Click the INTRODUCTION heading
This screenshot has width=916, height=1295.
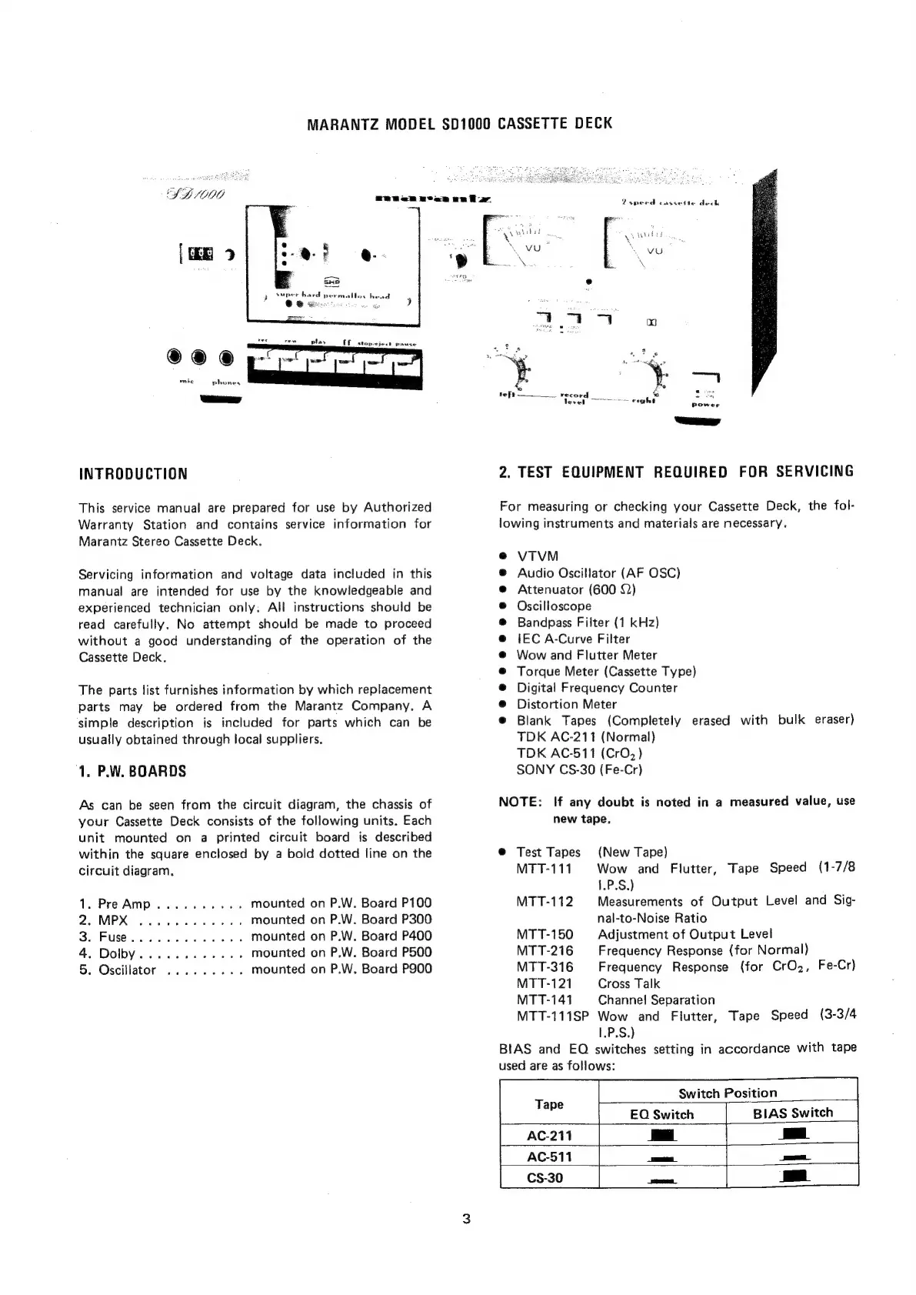(x=133, y=474)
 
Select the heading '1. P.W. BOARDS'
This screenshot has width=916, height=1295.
(x=132, y=771)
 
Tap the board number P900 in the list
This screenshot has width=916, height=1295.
(x=417, y=970)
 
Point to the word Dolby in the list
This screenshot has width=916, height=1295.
(x=117, y=953)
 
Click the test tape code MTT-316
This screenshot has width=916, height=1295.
(x=545, y=966)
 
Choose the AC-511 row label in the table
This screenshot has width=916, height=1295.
(x=549, y=1156)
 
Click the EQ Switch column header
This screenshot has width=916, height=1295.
(x=661, y=1114)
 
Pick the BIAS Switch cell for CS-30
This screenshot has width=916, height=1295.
(x=792, y=1177)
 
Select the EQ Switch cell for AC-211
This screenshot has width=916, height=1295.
(x=661, y=1136)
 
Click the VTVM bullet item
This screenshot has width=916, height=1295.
(x=538, y=556)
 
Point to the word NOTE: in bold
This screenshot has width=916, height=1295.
(x=521, y=802)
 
